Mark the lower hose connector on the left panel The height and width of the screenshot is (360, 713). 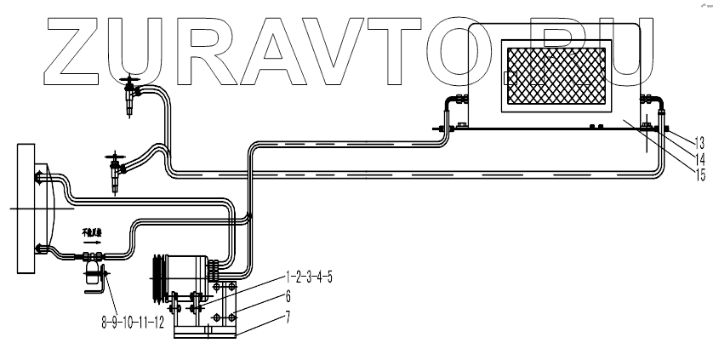tap(39, 248)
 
